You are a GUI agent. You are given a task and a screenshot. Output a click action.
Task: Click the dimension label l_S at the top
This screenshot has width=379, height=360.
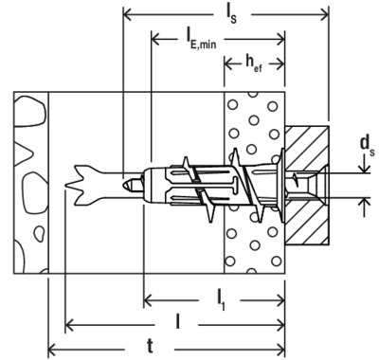tap(231, 15)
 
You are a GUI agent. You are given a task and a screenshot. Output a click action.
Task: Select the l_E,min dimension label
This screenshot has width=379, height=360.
tap(201, 39)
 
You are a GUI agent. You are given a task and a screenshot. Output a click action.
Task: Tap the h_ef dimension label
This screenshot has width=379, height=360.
tap(254, 64)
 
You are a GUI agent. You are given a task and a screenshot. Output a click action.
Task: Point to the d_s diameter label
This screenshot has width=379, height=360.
tap(367, 146)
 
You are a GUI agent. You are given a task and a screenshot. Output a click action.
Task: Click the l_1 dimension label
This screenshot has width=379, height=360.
tap(222, 299)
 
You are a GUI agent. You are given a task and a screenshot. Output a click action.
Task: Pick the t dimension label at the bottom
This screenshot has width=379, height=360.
tap(150, 347)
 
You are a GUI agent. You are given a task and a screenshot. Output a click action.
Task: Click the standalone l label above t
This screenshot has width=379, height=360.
tap(178, 322)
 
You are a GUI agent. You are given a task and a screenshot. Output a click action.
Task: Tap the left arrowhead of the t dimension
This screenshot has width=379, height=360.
tap(52, 350)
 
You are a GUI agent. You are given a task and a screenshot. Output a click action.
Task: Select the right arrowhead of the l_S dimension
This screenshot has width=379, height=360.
tap(324, 14)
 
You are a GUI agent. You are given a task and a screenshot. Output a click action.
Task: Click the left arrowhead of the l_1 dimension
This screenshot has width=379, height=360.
tap(149, 299)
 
